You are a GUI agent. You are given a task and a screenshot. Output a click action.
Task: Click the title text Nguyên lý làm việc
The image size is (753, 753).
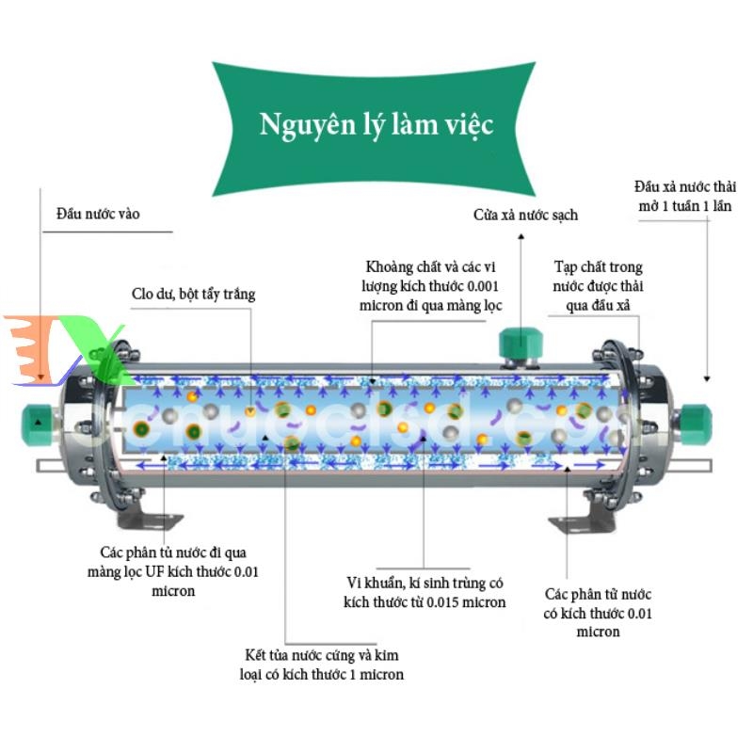click(376, 125)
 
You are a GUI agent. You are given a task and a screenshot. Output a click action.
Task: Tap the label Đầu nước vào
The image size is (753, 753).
click(98, 215)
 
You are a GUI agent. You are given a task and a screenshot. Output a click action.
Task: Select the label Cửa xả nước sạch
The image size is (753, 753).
click(525, 216)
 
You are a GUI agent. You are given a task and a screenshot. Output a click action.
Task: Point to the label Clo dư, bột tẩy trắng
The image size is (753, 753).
click(193, 295)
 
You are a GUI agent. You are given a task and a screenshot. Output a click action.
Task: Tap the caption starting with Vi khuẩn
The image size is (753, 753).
click(425, 593)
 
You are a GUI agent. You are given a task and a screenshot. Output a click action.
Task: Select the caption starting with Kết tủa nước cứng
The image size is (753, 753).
click(320, 665)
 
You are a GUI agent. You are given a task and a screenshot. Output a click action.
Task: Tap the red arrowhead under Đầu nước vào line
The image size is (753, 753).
click(40, 378)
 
